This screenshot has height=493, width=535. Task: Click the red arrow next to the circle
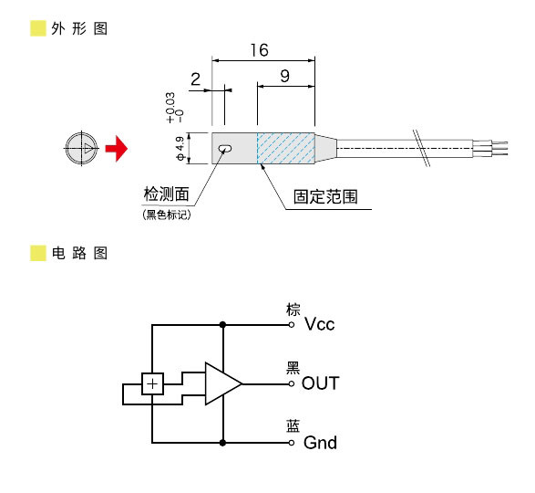tap(115, 148)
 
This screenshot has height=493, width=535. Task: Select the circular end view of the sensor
tap(81, 148)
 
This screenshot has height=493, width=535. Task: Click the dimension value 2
tap(195, 79)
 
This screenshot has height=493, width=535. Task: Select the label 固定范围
tap(324, 196)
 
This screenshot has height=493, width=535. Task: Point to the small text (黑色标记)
tap(169, 215)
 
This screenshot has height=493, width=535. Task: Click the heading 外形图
tap(81, 27)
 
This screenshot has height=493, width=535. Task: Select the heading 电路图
tap(81, 253)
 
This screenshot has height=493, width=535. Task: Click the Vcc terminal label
tap(320, 324)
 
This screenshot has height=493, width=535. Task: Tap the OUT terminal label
tap(320, 383)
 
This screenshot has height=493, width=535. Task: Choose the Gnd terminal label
tap(320, 443)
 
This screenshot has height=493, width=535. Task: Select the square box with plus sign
tap(152, 384)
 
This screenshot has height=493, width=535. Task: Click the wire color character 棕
tap(293, 309)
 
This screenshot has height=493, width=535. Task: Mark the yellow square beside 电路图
tap(37, 253)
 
